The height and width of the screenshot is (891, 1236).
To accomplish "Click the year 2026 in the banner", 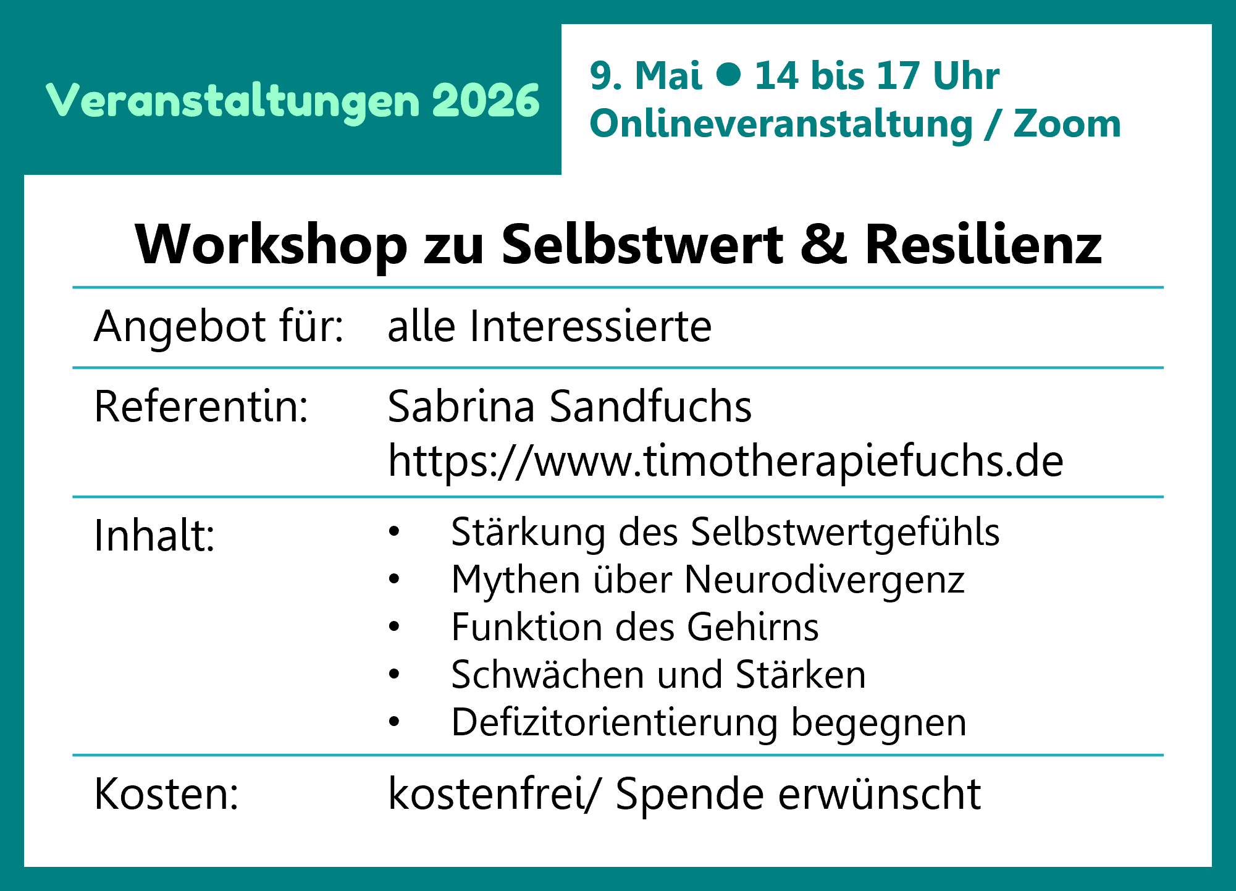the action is tap(486, 100).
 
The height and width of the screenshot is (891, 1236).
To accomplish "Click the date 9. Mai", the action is tap(645, 75).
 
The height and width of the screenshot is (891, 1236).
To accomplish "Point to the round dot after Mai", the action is tap(729, 74).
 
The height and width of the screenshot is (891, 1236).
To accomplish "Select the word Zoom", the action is tap(1067, 124).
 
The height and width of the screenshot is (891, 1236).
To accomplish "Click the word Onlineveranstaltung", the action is tap(781, 124).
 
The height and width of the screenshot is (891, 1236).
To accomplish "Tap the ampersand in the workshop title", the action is tap(824, 244).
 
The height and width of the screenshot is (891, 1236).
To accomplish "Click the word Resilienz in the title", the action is tap(983, 244).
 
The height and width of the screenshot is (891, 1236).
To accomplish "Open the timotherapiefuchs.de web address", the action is tap(726, 461).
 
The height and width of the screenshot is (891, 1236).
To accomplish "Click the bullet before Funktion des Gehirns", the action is tap(394, 627).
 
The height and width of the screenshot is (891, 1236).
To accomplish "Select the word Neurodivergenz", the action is tap(825, 581).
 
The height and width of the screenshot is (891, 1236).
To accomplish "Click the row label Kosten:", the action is tap(166, 793).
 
